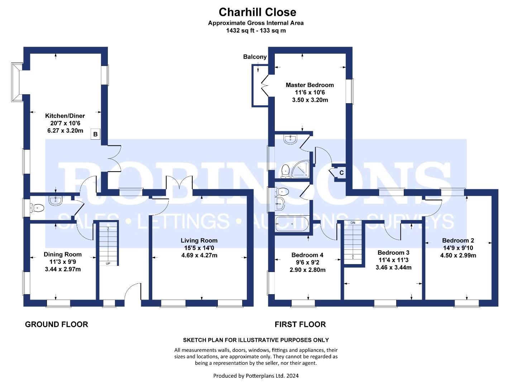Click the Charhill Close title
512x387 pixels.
[x=257, y=12]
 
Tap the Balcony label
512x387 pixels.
[x=255, y=57]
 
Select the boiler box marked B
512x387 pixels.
[x=95, y=134]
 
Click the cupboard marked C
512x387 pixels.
[x=341, y=173]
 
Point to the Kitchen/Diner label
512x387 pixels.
[x=65, y=116]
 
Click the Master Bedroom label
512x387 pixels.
[x=310, y=85]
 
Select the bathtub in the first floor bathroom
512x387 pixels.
[x=292, y=224]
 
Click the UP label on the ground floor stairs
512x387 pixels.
[x=108, y=264]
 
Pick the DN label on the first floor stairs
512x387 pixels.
[x=353, y=223]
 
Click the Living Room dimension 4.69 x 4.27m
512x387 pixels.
[x=199, y=255]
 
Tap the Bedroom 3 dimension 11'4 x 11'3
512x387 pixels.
[x=393, y=260]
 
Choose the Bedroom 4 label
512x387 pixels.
[x=307, y=255]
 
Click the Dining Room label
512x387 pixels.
[x=63, y=254]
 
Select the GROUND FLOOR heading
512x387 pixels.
[x=56, y=324]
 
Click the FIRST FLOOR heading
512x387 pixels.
[x=300, y=324]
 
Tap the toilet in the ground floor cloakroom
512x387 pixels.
[x=38, y=207]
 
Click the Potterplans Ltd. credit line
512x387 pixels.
[x=256, y=376]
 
